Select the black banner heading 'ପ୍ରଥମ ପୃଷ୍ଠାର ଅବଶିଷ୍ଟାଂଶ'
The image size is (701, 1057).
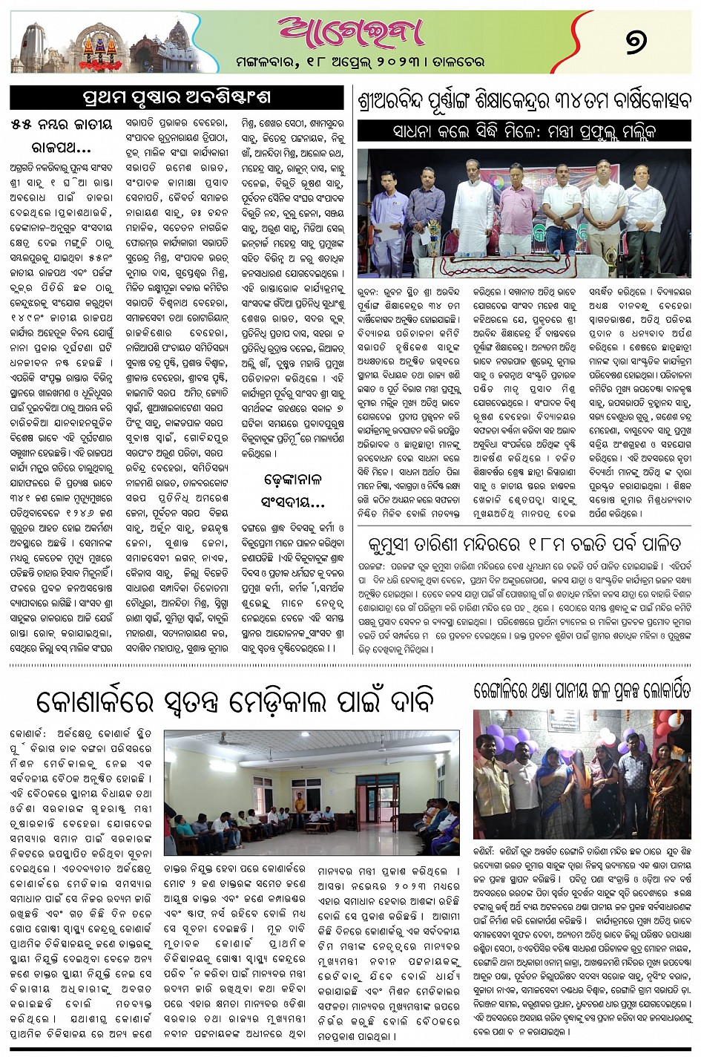175,97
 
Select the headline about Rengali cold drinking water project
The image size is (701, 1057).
583,692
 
